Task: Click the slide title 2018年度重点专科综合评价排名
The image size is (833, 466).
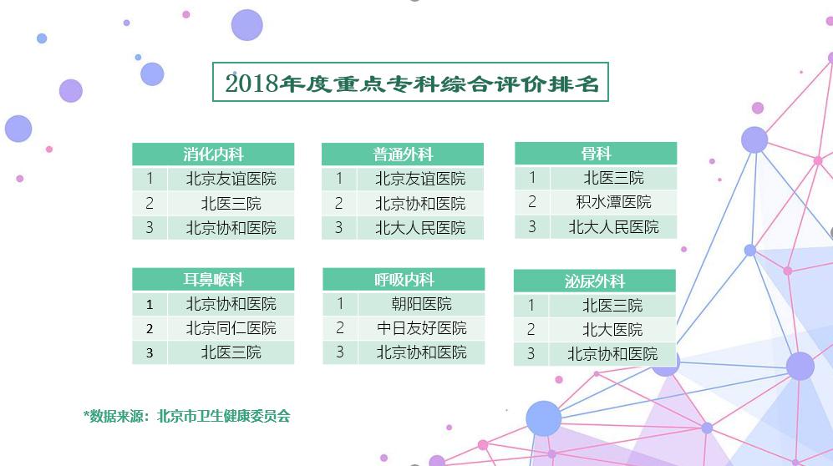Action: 412,83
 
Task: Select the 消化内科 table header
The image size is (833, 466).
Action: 213,154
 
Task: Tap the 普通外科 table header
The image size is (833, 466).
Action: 403,154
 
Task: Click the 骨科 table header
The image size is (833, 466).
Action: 596,154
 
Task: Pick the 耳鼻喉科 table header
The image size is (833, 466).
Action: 213,279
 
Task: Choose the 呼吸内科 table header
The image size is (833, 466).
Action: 404,279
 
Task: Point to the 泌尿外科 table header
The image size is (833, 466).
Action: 595,281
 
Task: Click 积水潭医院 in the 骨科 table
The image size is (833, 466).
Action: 613,202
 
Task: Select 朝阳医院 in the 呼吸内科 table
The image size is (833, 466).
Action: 421,304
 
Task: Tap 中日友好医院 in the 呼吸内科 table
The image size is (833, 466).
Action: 421,328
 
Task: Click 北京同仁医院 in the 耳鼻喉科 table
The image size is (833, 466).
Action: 231,328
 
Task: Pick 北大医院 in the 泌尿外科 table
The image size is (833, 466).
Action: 612,330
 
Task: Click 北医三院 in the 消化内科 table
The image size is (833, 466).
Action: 231,203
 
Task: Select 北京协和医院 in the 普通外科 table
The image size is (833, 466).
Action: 420,203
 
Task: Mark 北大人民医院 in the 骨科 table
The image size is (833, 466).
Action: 613,227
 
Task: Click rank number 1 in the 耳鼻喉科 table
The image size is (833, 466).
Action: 150,304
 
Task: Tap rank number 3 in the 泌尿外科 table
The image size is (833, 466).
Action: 531,354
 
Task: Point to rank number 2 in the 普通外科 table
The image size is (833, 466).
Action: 339,203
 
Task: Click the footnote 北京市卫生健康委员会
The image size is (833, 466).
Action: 224,416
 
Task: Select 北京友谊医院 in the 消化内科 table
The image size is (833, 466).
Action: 231,179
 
